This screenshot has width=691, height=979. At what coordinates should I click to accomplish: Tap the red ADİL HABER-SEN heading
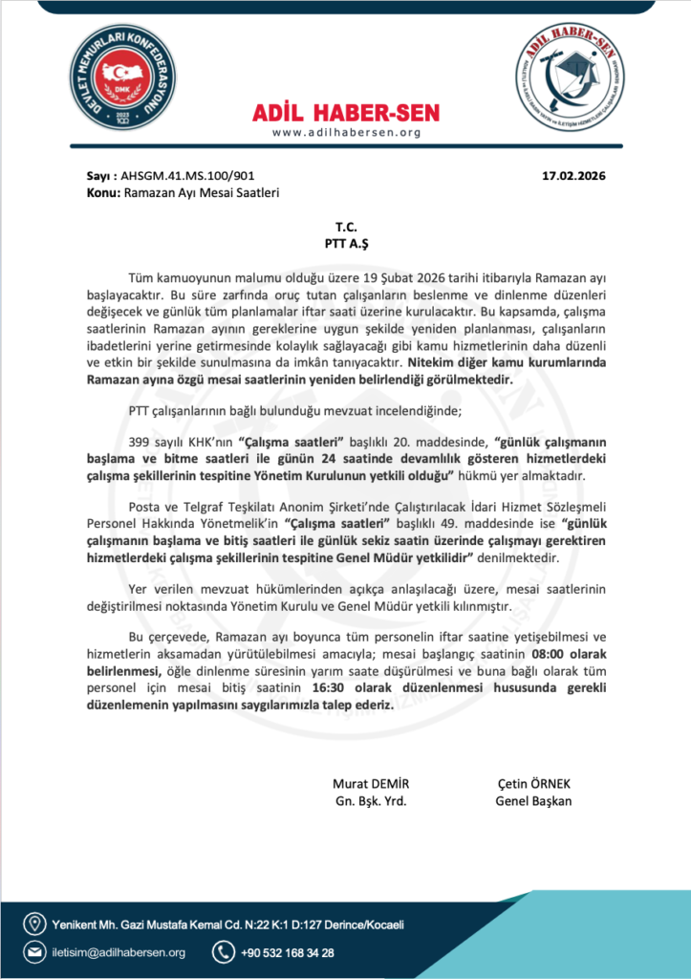[x=346, y=113]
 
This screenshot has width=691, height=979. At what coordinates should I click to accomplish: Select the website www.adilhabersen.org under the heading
[x=346, y=132]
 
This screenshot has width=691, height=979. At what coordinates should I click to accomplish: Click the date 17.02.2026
[x=573, y=177]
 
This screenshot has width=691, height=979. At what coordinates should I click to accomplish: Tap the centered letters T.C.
[x=345, y=228]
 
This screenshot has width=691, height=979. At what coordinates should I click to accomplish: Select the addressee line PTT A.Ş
[x=345, y=243]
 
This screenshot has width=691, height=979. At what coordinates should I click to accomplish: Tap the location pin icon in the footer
[x=35, y=924]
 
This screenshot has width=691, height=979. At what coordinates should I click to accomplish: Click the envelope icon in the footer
[x=35, y=952]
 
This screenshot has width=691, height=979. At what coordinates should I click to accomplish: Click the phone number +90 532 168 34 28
[x=289, y=952]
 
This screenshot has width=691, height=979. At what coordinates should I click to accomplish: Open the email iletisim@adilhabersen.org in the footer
[x=119, y=952]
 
